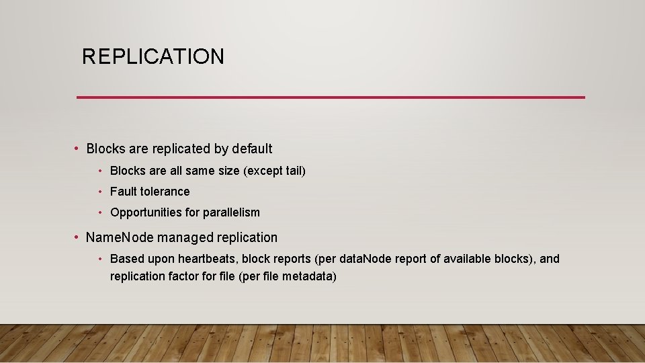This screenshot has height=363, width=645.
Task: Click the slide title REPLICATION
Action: pos(153,56)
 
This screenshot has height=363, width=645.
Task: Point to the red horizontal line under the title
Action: pos(331,97)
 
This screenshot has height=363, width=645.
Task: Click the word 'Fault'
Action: pos(124,192)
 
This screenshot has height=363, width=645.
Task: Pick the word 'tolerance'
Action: pos(165,192)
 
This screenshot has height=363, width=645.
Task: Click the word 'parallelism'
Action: pos(232,212)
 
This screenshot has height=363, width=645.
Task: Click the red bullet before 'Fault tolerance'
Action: pos(99,192)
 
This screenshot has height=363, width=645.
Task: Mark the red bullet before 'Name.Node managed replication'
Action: pos(77,237)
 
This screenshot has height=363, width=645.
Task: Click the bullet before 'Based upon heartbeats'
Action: pos(99,259)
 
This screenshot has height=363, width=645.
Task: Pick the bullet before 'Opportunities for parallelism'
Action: pos(99,212)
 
